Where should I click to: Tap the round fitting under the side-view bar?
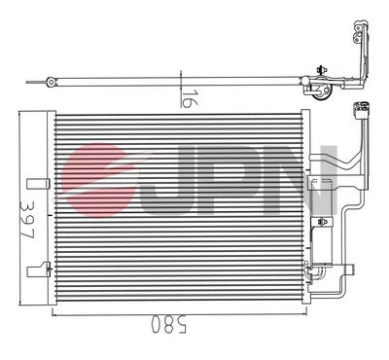318,91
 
